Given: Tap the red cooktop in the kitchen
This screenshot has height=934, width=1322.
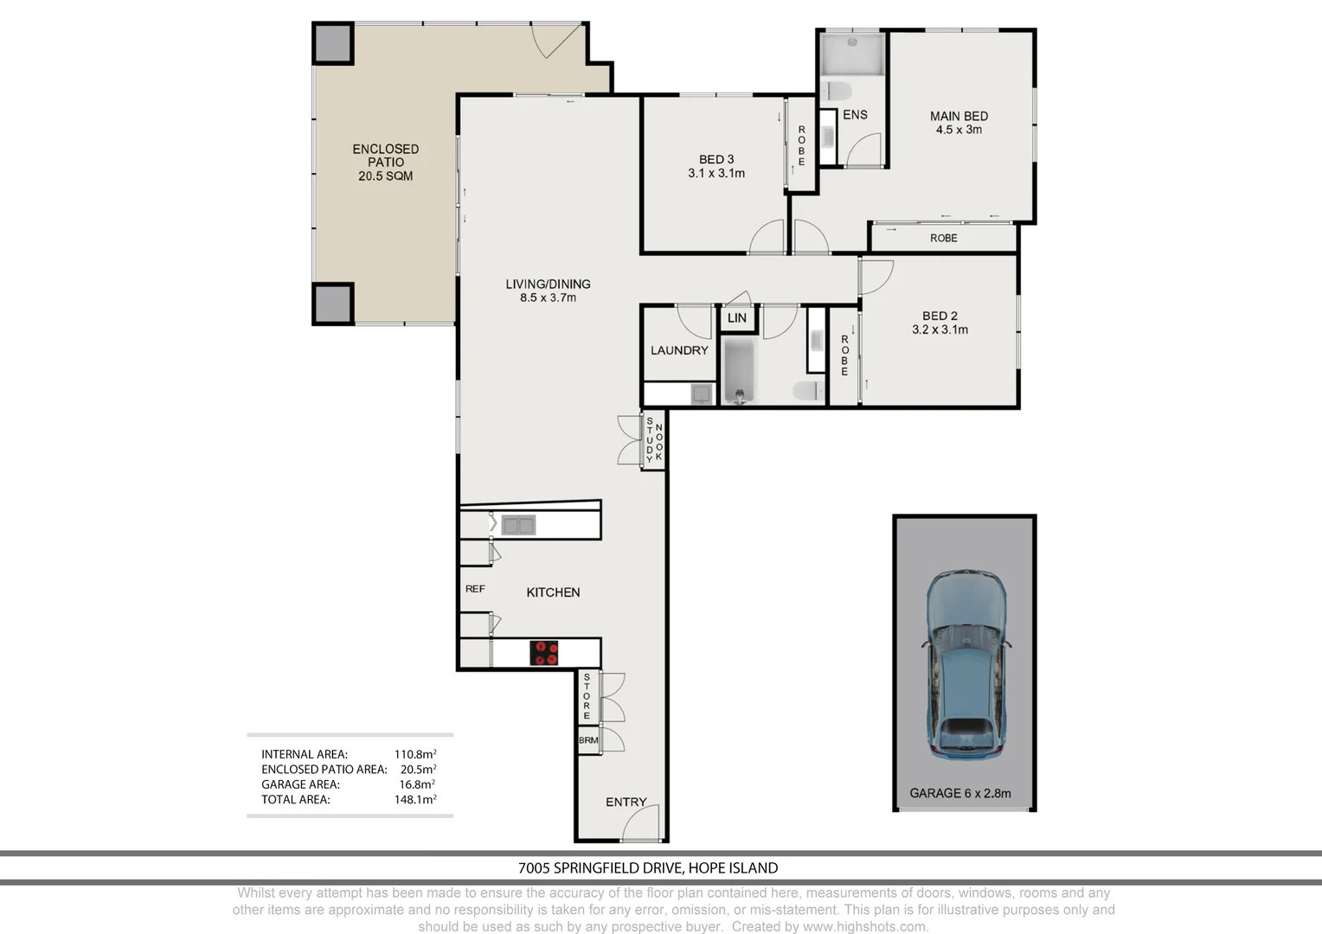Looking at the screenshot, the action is [543, 653].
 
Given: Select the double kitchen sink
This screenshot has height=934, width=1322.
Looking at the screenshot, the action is [518, 525].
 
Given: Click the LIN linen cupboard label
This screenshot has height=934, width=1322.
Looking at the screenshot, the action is [736, 318].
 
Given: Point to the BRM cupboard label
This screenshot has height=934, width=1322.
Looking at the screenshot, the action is [588, 740].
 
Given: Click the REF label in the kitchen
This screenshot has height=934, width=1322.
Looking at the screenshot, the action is [475, 589].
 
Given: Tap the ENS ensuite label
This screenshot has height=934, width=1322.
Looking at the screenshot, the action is [855, 114].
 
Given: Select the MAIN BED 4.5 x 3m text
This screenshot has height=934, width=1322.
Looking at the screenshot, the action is [959, 123].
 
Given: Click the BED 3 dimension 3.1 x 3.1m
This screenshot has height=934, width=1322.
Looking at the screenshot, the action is [716, 174].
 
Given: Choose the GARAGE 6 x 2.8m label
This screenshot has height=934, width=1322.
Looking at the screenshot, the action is [960, 794].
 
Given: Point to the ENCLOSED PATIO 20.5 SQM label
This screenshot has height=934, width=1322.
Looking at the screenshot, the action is [386, 163].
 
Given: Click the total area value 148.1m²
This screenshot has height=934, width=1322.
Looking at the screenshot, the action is [415, 799].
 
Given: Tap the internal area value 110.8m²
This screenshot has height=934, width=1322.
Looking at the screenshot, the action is [415, 754].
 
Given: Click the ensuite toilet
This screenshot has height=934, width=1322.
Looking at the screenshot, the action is [837, 92].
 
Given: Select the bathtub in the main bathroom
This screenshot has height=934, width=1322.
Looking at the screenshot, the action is [740, 370].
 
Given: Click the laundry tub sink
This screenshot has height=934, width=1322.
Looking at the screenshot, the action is [702, 393].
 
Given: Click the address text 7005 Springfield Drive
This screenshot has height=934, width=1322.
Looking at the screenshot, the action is [600, 868].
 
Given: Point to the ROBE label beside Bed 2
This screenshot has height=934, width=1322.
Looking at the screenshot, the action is [844, 355].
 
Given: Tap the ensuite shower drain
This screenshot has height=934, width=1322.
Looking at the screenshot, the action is [852, 42].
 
